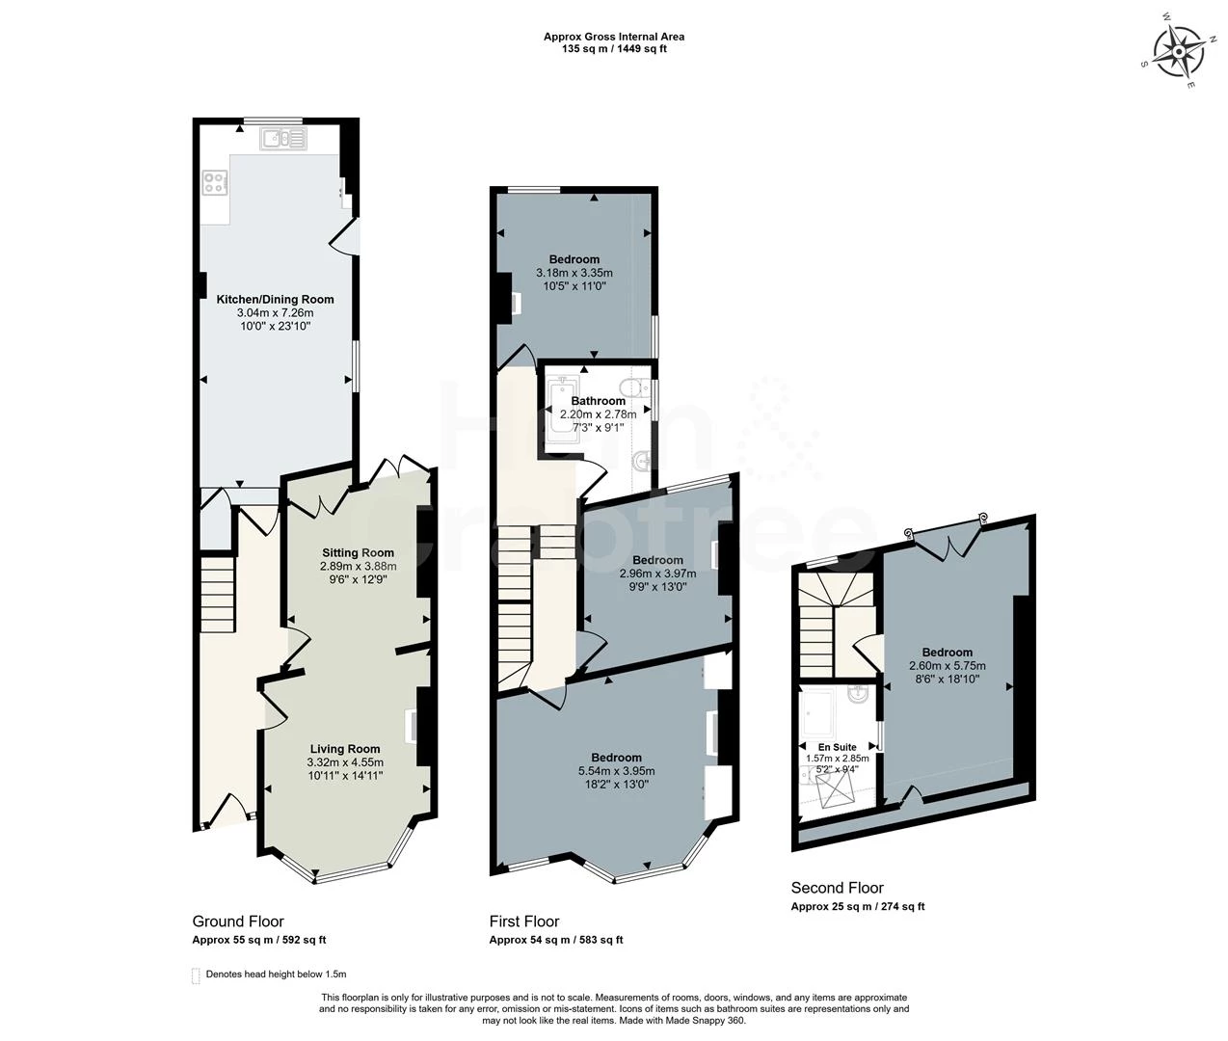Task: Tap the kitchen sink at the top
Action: pos(283,140)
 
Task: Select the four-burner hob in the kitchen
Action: pos(214,181)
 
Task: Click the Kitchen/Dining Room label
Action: pos(275,299)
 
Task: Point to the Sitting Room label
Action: pos(358,553)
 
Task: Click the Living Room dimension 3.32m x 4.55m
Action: pos(344,761)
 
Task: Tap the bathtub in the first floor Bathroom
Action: pos(559,413)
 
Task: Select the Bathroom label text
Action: pos(598,401)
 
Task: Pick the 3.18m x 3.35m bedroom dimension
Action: pos(574,273)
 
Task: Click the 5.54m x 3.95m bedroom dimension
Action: pos(616,770)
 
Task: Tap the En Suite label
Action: pos(837,747)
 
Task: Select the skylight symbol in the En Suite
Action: pos(837,791)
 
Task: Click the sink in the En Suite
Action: pos(857,693)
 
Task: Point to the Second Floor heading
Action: pos(837,888)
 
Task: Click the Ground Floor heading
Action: pos(238,921)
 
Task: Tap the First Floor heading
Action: pos(523,921)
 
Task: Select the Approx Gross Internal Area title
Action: pos(614,37)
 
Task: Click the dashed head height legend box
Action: pos(196,974)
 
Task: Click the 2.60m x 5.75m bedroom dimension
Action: pos(947,665)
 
